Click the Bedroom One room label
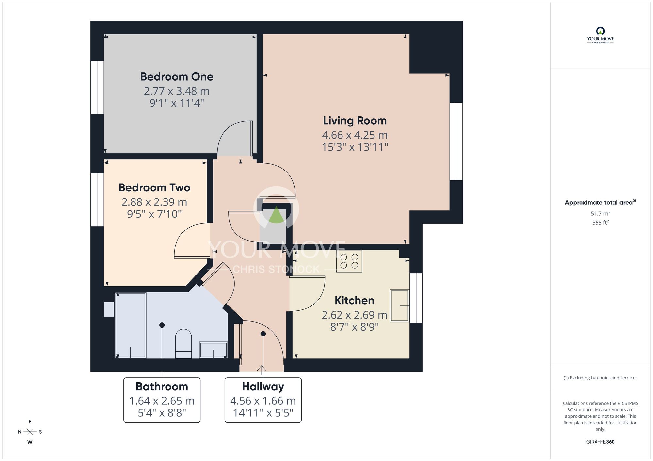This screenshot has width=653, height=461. (177, 77)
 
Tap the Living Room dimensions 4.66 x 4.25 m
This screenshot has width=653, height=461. (355, 135)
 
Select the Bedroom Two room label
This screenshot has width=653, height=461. (154, 188)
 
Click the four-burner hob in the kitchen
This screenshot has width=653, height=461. (349, 261)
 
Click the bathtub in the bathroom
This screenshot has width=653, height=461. (130, 325)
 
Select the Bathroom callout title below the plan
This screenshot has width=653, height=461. (162, 387)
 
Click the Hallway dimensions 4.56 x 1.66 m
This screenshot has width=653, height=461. (263, 401)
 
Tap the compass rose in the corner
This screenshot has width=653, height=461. (30, 432)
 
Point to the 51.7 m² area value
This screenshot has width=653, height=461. (600, 214)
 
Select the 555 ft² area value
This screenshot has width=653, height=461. (600, 223)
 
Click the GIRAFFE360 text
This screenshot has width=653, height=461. (600, 442)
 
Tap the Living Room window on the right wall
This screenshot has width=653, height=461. (456, 141)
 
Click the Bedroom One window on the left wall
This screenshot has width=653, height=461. (97, 87)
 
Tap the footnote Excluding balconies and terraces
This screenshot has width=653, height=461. (600, 378)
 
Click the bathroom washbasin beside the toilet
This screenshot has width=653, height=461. (214, 350)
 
